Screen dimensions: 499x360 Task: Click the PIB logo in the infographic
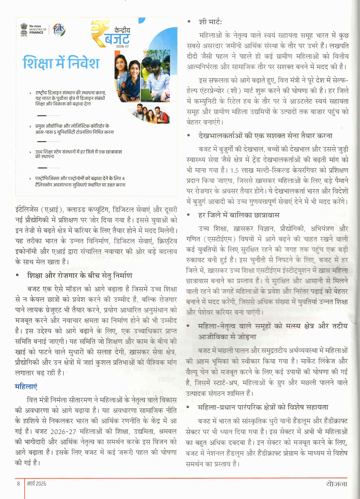tap(59, 29)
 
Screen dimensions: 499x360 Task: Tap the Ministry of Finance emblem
tap(24, 29)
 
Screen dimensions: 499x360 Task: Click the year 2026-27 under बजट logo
tap(122, 46)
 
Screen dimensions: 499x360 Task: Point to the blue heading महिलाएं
tap(26, 387)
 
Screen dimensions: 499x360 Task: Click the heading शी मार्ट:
tap(210, 22)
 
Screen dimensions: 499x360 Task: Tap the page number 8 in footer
tap(18, 484)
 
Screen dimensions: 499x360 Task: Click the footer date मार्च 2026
tap(37, 484)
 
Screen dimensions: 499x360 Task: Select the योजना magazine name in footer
tap(337, 484)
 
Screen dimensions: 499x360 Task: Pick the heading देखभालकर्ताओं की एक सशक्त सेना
tap(265, 136)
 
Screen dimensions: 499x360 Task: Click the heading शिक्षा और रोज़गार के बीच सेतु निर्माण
tap(80, 276)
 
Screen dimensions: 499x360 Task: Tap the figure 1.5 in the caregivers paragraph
tap(235, 170)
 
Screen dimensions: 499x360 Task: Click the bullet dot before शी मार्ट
tap(189, 22)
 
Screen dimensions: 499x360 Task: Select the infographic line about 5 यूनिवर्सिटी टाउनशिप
tap(74, 129)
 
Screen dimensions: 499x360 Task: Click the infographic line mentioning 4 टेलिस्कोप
tap(80, 181)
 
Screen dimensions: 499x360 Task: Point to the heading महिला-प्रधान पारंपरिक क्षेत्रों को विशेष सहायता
tap(263, 407)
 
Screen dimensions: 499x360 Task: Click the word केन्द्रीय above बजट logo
tap(122, 30)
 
